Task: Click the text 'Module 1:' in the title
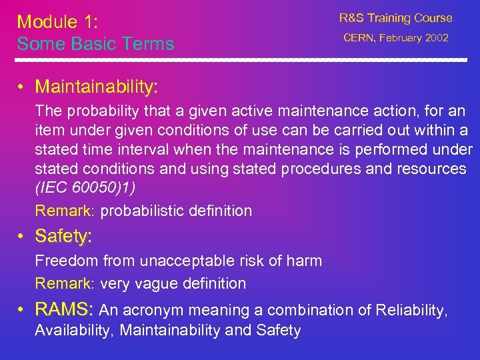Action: pyautogui.click(x=57, y=21)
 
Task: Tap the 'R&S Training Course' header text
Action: pyautogui.click(x=395, y=18)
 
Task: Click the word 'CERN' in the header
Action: pyautogui.click(x=359, y=38)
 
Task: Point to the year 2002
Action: pyautogui.click(x=436, y=38)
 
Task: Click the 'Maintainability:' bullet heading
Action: pyautogui.click(x=97, y=87)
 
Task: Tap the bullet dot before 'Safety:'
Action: pyautogui.click(x=23, y=236)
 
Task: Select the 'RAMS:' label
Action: pyautogui.click(x=65, y=309)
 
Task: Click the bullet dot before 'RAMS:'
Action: pyautogui.click(x=23, y=309)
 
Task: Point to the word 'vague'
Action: pyautogui.click(x=156, y=283)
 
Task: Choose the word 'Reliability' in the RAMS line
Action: pyautogui.click(x=411, y=310)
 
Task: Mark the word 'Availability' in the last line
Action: pyautogui.click(x=73, y=330)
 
